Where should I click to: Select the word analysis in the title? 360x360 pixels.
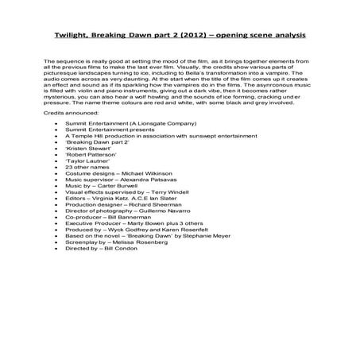pos(285,37)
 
